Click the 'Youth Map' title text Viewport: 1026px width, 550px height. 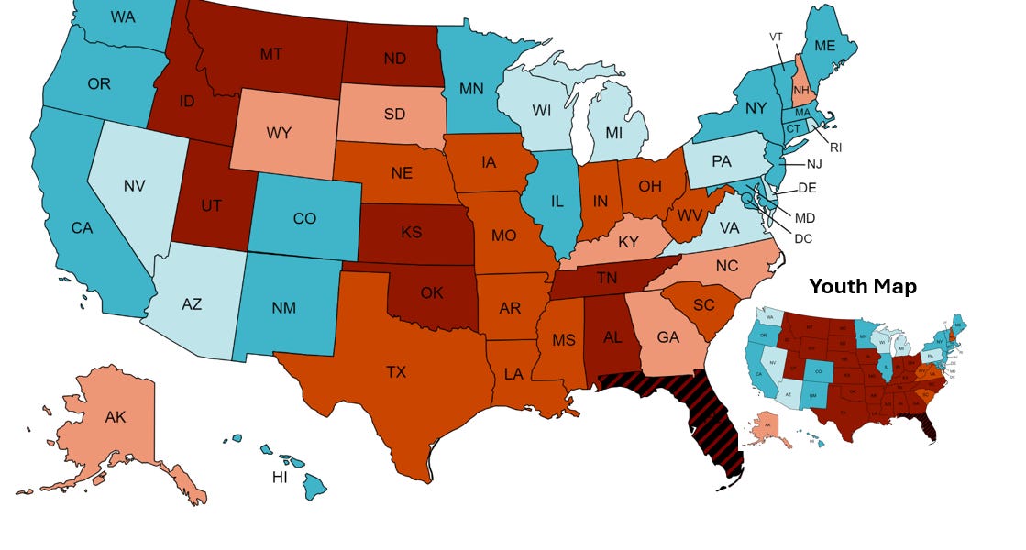(862, 287)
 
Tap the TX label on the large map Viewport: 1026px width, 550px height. (395, 371)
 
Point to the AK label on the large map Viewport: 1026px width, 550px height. (116, 417)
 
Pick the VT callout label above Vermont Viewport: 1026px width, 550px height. (776, 36)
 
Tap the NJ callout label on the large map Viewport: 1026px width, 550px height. (814, 164)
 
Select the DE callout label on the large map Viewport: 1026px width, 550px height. (807, 187)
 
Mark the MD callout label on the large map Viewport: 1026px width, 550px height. (804, 218)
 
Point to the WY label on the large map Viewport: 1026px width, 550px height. (279, 133)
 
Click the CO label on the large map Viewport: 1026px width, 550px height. (304, 219)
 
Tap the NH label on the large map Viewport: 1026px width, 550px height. (802, 90)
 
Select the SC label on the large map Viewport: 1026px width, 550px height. (703, 304)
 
